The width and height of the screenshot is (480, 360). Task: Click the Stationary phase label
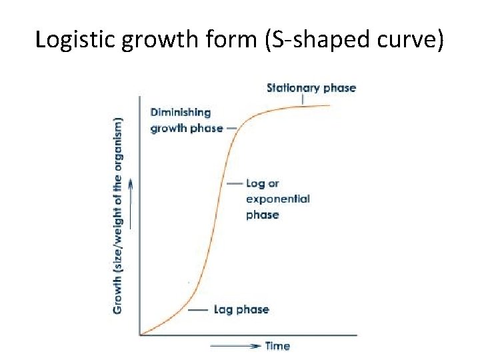(311, 87)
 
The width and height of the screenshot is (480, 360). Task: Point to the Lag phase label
(241, 309)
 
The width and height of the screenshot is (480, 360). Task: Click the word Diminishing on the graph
(181, 113)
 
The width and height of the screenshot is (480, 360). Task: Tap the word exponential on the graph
(278, 199)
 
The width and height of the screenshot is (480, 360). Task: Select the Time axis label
(277, 346)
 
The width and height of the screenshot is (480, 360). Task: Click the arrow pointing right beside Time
(235, 346)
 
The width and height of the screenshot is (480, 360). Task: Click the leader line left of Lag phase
(198, 310)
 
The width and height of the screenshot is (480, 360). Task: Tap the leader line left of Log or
(233, 183)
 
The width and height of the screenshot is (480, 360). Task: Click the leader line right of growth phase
(231, 128)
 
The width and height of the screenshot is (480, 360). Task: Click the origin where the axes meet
(140, 334)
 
